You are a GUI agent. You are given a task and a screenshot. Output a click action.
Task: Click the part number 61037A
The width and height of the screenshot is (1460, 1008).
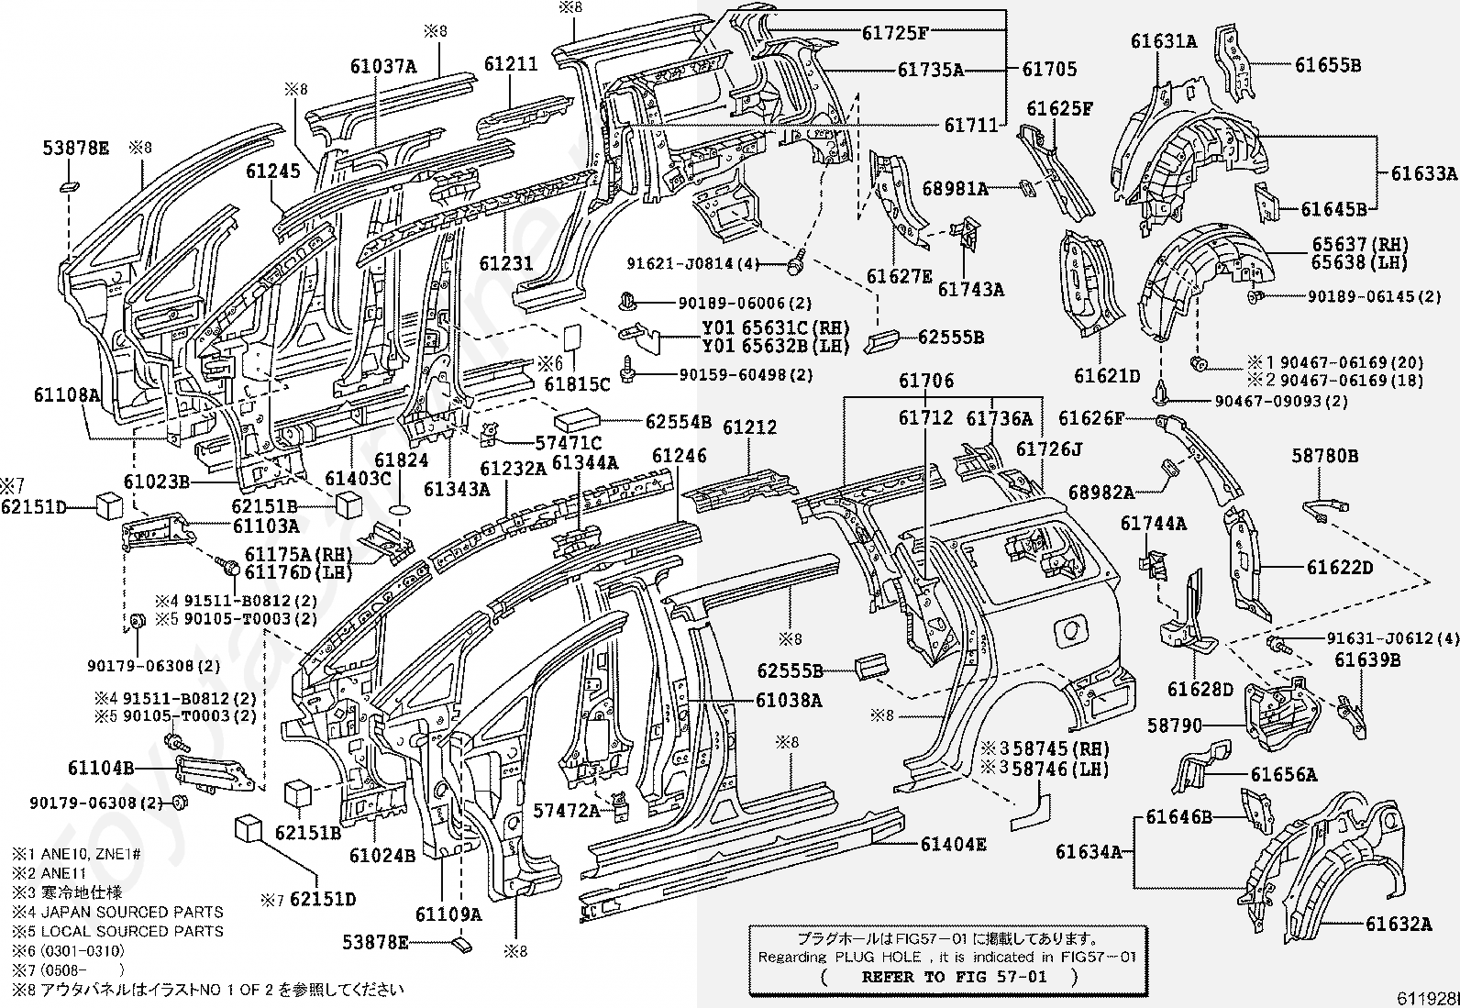click(x=383, y=67)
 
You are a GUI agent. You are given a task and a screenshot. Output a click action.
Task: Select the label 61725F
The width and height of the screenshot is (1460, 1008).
click(x=895, y=33)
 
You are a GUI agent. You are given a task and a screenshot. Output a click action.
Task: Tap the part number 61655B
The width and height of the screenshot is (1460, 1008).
click(x=1328, y=65)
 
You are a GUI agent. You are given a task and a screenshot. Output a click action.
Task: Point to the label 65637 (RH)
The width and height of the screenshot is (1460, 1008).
click(x=1360, y=245)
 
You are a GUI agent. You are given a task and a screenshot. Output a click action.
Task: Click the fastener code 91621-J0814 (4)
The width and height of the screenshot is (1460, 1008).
click(x=693, y=264)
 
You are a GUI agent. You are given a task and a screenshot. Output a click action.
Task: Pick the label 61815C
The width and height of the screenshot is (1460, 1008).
click(x=578, y=384)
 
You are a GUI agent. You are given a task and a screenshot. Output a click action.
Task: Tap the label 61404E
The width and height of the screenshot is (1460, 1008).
click(x=954, y=845)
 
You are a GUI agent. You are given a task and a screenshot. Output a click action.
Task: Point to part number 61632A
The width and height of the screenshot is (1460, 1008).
click(x=1399, y=924)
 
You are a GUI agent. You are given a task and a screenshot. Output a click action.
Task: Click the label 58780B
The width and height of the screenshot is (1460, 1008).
click(x=1325, y=456)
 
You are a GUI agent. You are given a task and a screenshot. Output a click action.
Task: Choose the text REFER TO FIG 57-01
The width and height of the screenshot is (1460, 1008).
click(x=954, y=977)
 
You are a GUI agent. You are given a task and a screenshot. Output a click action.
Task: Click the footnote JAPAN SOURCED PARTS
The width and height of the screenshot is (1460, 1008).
click(x=132, y=913)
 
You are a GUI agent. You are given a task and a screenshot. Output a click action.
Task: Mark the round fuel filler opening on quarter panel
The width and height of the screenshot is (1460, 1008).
click(x=1071, y=630)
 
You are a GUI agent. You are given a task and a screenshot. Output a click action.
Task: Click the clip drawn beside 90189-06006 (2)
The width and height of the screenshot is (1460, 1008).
click(x=626, y=302)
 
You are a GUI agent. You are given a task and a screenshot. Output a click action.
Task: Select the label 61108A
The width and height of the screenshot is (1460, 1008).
click(x=67, y=395)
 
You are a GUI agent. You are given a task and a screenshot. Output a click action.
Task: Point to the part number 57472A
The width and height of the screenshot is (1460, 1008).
click(x=567, y=811)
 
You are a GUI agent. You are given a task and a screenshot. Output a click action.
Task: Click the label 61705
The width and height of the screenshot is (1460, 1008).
click(x=1049, y=69)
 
